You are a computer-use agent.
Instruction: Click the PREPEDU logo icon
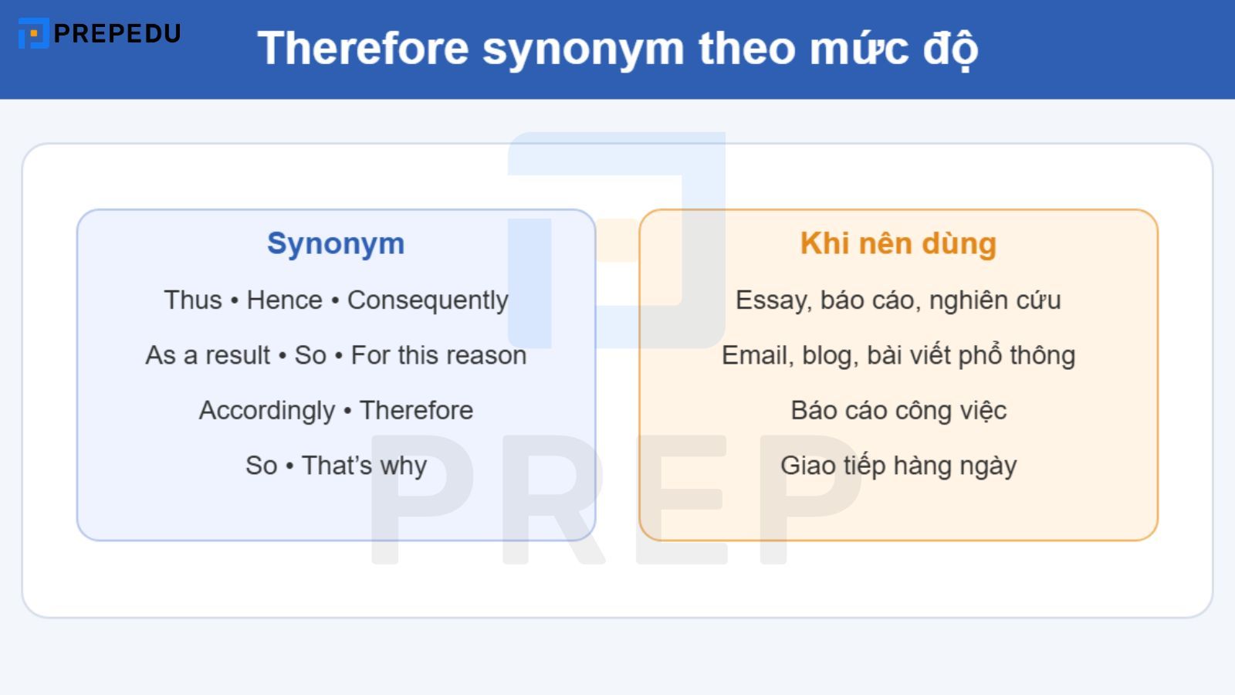pos(33,33)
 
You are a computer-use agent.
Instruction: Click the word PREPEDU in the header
pos(117,33)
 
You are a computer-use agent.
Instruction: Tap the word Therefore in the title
pos(363,49)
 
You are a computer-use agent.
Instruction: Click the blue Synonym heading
pos(336,244)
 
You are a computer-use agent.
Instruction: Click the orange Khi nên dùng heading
pos(898,244)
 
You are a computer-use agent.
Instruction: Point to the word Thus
pos(192,300)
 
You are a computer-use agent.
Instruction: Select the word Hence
pos(284,300)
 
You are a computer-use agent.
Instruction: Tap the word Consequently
pos(428,300)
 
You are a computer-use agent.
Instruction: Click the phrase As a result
pos(208,355)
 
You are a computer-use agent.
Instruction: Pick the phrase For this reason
pos(438,355)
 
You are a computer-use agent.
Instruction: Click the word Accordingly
pos(266,411)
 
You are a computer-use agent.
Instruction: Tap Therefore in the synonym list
pos(416,410)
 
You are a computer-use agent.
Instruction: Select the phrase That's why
pos(364,466)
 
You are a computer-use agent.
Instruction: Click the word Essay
pos(770,300)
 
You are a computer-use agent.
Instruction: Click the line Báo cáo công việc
pos(898,410)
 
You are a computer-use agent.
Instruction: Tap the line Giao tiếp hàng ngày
pos(898,466)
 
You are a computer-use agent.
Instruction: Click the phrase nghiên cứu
pos(995,300)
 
